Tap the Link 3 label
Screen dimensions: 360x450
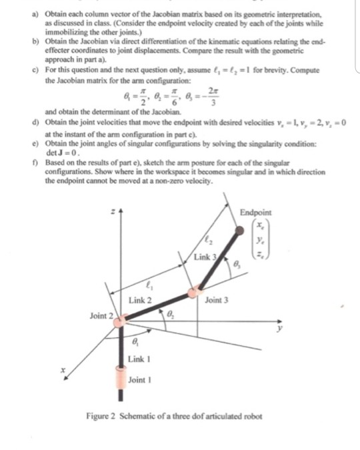point(205,256)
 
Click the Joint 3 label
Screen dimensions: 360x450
point(218,301)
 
